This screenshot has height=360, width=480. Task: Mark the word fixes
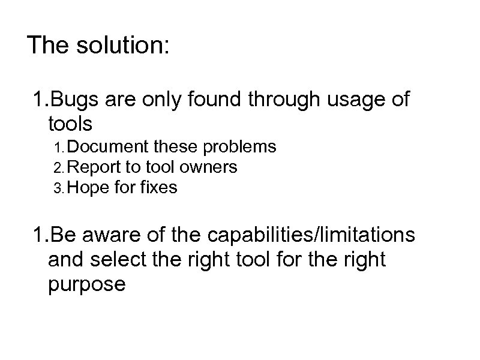[158, 188]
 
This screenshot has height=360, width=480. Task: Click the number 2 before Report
[57, 167]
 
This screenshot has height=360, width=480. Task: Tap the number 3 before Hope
[57, 188]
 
